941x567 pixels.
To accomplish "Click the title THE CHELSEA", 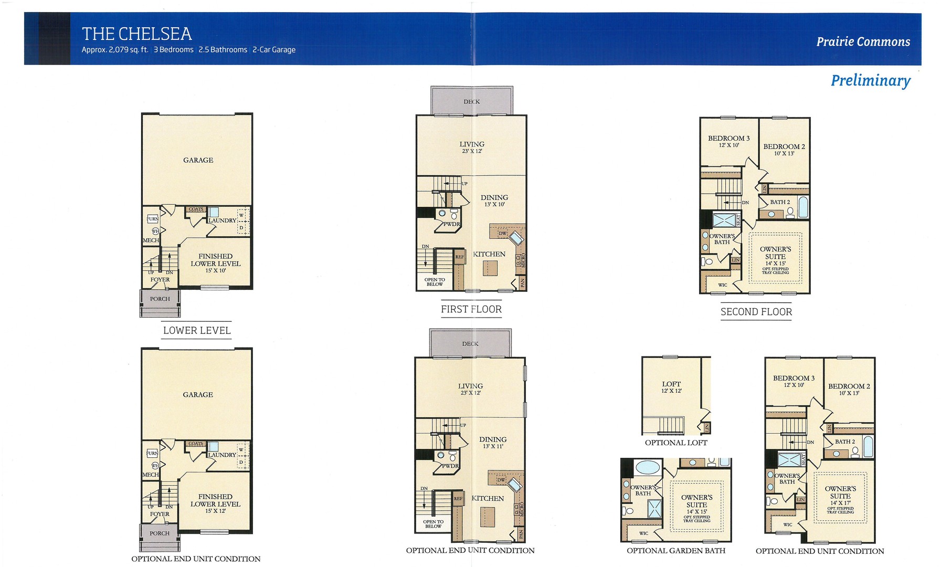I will [136, 34].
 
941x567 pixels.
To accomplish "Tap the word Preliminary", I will [870, 80].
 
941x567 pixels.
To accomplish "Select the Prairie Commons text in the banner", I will [863, 42].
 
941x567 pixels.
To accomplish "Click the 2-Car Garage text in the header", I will [273, 50].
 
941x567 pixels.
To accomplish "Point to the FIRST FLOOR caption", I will [471, 309].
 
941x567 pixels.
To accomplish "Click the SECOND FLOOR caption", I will [756, 312].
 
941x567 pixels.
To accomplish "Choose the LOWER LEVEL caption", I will [196, 330].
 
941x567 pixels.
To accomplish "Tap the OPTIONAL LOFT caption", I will [675, 443].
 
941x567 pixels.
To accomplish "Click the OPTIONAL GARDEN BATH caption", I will [675, 550].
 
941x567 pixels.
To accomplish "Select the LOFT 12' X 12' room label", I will [671, 387].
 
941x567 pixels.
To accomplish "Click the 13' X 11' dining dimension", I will [493, 446].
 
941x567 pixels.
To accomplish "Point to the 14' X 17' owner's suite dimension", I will [840, 503].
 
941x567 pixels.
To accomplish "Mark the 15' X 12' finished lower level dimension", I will [215, 511].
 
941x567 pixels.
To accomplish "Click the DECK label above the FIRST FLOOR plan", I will [471, 102].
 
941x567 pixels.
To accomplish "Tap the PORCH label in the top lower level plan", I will [160, 299].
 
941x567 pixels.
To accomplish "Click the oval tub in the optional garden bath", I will [649, 467].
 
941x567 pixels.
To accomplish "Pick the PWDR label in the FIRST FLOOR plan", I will [451, 224].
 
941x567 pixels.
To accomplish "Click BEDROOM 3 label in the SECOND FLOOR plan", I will [728, 139].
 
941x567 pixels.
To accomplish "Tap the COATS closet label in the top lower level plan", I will [196, 209].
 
